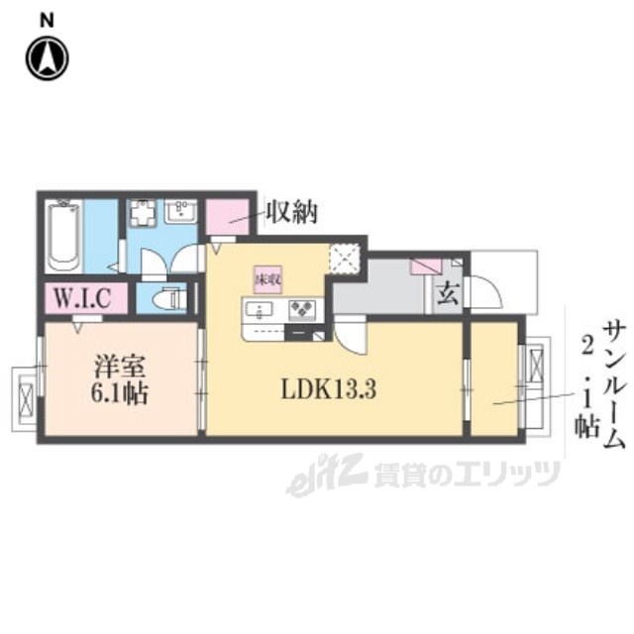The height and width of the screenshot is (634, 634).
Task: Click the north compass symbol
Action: pos(46,57)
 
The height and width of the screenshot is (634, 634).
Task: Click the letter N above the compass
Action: pos(47,18)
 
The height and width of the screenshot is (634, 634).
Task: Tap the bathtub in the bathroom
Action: pos(64,236)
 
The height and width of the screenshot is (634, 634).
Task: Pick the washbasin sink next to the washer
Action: pos(182,212)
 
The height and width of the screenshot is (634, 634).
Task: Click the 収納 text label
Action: pos(290,212)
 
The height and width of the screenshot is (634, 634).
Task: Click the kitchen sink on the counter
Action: pos(263,311)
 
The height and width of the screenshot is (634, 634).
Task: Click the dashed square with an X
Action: pos(346,259)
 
